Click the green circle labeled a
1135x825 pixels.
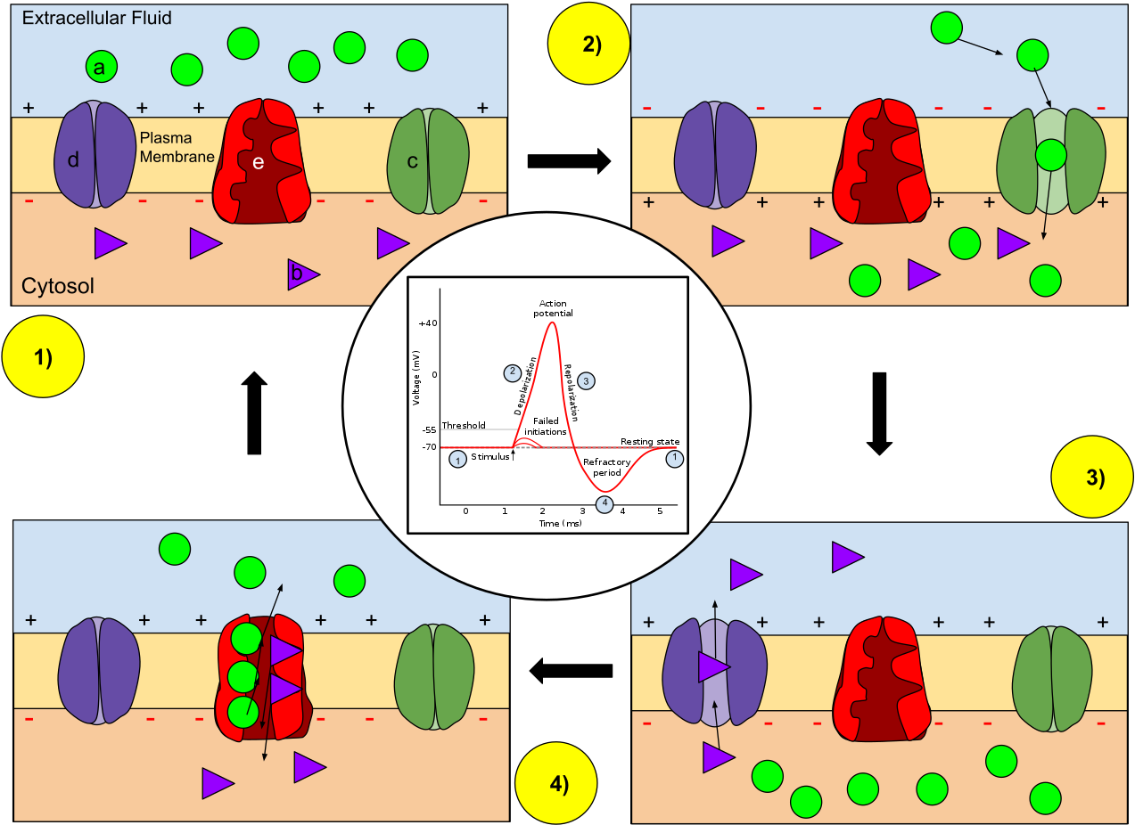pos(102,66)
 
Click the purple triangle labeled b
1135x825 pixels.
pos(302,274)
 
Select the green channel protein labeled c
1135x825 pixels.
pos(428,161)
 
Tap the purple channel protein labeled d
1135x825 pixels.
pos(95,154)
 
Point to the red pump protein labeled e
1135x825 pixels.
pos(261,161)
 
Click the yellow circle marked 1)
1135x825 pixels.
pos(43,356)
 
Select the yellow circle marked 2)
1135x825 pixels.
pos(588,44)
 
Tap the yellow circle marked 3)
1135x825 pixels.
pos(1092,477)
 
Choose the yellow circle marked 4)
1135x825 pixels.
pos(556,783)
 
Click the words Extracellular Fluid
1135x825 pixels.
pos(97,18)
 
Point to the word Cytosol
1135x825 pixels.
pos(58,286)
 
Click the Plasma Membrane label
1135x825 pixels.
pos(177,147)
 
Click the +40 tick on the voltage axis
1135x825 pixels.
pos(428,323)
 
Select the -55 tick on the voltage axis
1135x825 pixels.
pos(429,430)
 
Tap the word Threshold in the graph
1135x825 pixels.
pos(464,425)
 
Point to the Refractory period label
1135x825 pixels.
pos(606,467)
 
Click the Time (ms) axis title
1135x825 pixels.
pos(560,523)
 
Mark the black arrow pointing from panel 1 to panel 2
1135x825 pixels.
pos(569,161)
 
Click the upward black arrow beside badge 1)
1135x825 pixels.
pos(254,412)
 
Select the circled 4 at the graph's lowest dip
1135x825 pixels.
pos(605,503)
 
